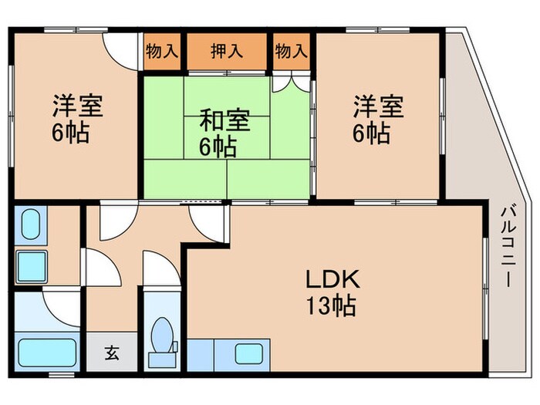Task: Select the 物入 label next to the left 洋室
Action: [162, 52]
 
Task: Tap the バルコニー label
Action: [507, 245]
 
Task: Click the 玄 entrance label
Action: [112, 354]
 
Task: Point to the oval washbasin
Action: [32, 224]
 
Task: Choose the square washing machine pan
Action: [32, 266]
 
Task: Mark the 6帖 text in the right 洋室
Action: [370, 133]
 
